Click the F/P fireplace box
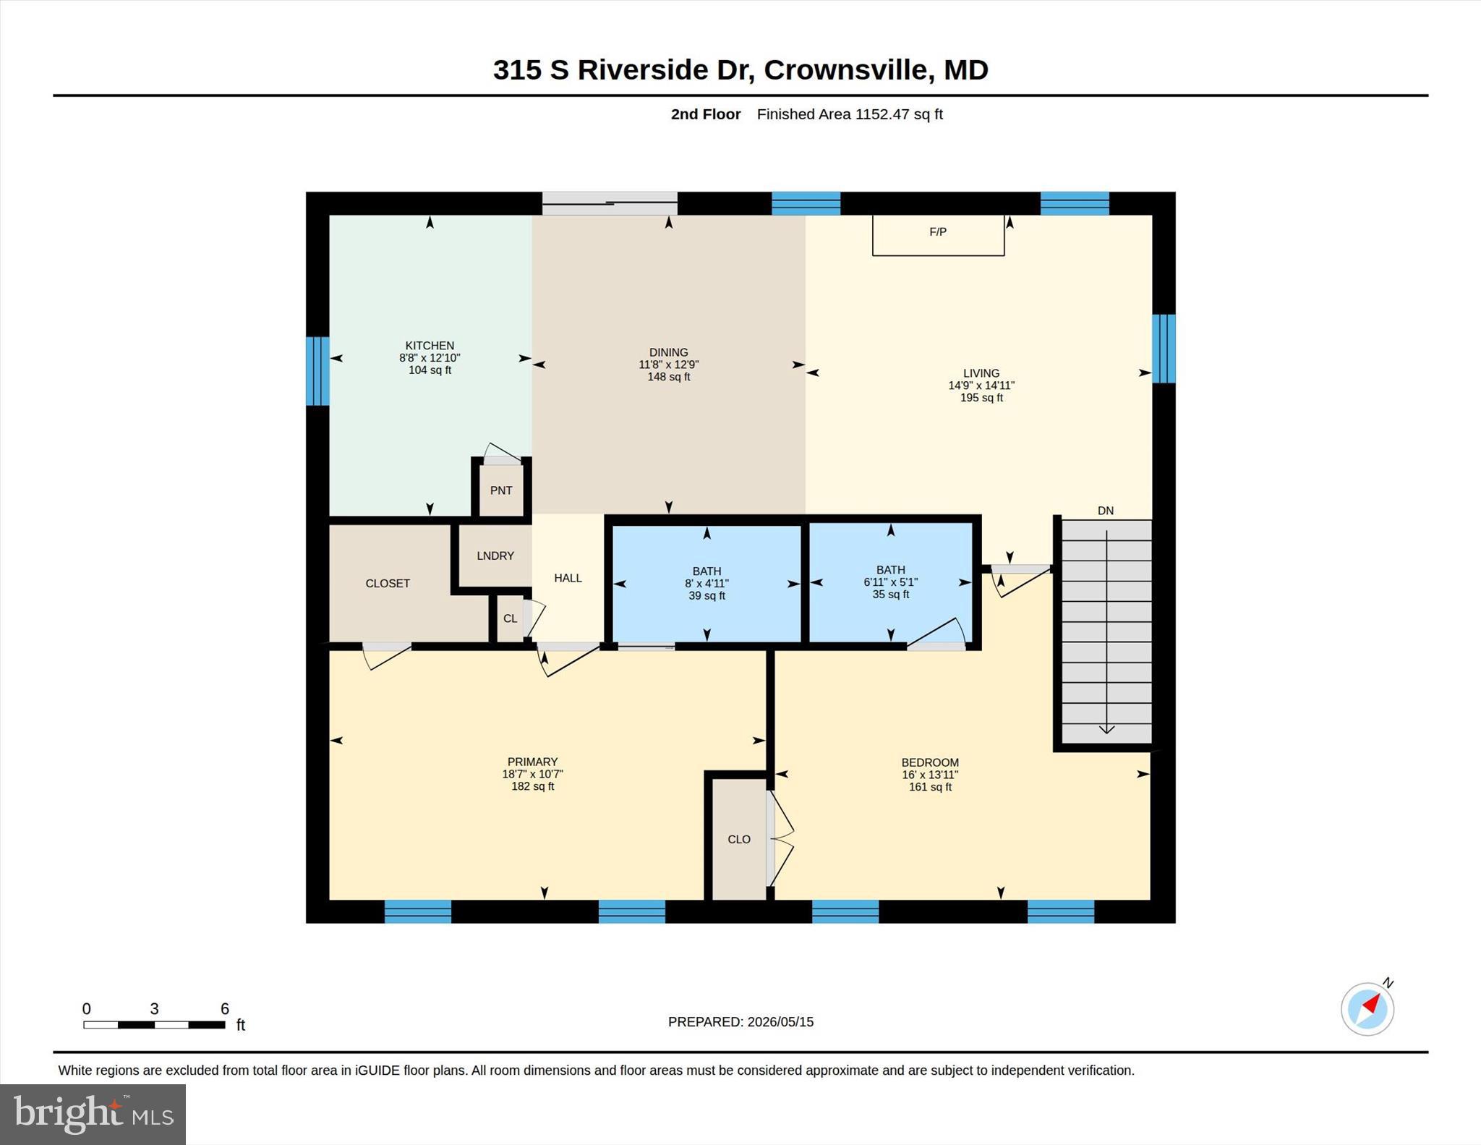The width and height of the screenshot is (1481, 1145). pos(938,235)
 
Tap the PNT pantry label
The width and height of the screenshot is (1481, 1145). pos(501,490)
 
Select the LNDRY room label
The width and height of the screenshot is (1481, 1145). pos(495,556)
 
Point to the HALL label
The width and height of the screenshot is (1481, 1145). pos(568,578)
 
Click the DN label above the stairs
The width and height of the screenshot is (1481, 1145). pos(1106,511)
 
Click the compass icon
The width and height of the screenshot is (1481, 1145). pos(1367,1008)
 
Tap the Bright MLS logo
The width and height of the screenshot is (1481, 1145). pos(93,1114)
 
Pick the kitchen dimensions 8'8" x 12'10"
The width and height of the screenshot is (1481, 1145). pos(430,358)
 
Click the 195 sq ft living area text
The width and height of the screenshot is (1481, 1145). pos(981,398)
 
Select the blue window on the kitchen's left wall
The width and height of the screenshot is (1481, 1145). pos(317,371)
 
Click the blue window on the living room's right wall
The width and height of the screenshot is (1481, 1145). pos(1164,348)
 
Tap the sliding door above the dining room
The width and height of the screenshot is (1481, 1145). pos(610,203)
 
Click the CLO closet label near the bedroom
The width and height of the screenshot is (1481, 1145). pos(739,839)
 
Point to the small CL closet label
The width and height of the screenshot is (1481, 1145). pos(511,618)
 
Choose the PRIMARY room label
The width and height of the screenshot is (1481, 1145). pos(532,762)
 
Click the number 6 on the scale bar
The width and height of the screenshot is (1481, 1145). pos(225,1008)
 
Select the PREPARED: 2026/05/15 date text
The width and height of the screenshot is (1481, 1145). pos(740,1022)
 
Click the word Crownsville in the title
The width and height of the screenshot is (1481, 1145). pos(845,70)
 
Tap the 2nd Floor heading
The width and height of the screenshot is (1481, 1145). pos(706,114)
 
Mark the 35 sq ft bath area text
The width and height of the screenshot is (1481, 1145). pos(891,595)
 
